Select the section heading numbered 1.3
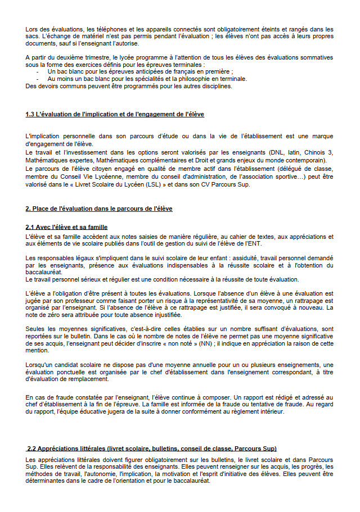click(115, 114)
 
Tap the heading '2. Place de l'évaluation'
click(98, 209)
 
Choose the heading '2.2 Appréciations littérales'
click(152, 448)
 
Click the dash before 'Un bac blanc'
click(38, 73)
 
